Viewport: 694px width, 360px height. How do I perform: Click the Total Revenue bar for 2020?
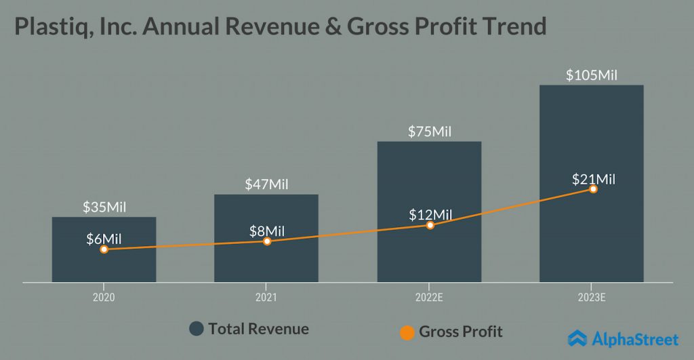[x=104, y=264]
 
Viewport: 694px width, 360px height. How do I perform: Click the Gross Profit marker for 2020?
[x=104, y=249]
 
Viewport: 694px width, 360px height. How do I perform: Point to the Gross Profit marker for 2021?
[x=267, y=241]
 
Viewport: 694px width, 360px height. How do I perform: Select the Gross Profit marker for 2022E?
[x=430, y=224]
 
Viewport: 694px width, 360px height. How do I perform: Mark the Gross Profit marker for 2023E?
[x=593, y=188]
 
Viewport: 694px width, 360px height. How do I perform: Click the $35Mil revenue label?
[x=104, y=207]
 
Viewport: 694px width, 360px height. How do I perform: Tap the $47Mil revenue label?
[x=267, y=184]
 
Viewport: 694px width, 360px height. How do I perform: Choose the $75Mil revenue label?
[x=430, y=132]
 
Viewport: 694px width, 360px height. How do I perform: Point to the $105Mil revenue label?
[x=592, y=75]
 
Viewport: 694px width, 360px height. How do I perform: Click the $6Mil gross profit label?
[x=104, y=239]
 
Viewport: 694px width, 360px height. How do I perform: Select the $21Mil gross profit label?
[x=592, y=179]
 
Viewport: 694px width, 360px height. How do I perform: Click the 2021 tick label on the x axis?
[x=266, y=297]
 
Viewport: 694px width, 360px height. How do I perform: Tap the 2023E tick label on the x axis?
[x=592, y=297]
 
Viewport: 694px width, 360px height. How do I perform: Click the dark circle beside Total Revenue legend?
[x=197, y=329]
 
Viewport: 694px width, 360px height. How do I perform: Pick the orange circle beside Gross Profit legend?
[x=407, y=332]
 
